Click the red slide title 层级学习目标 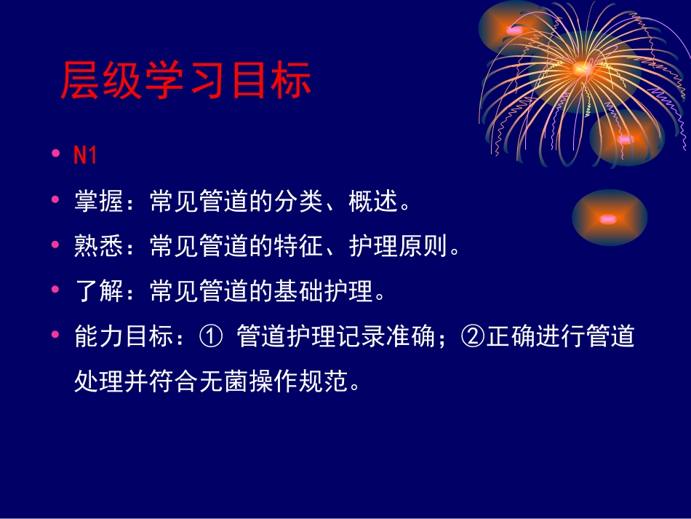[185, 81]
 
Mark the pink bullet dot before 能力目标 [56, 336]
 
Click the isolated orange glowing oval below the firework [609, 218]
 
